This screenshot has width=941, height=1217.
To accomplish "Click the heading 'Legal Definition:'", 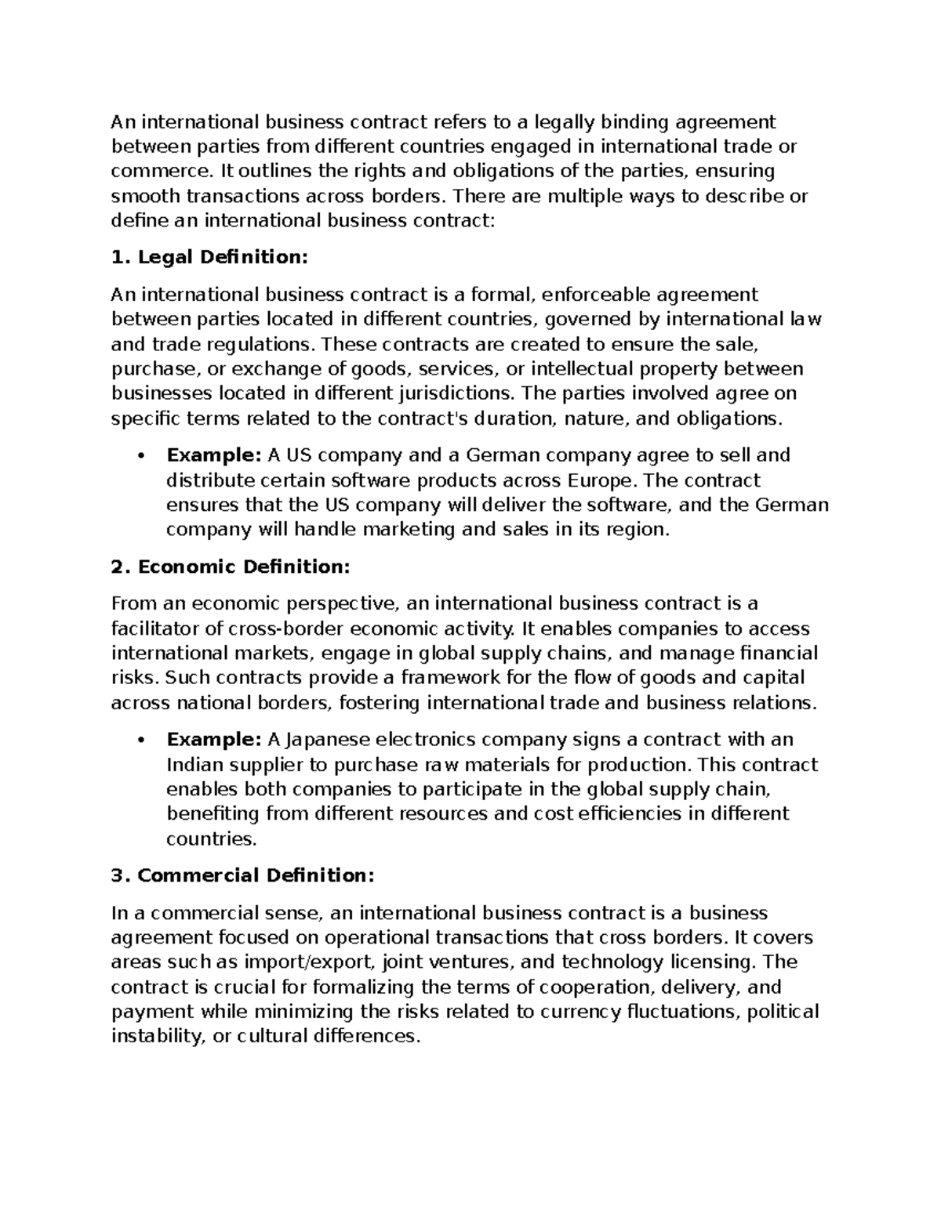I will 209,257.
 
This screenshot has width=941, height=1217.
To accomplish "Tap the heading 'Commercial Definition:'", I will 243,875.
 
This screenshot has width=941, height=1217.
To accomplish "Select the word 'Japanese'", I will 318,740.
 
